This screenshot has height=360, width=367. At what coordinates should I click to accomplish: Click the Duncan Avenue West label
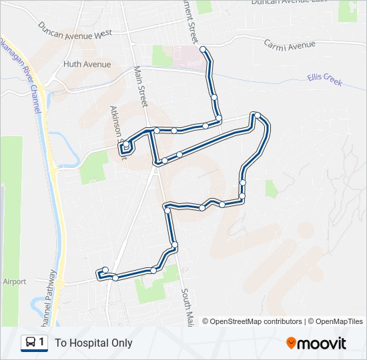75,29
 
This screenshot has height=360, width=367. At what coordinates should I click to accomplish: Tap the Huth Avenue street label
87,65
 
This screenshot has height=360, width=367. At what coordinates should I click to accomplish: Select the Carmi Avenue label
289,45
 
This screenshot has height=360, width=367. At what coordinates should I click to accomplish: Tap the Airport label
14,281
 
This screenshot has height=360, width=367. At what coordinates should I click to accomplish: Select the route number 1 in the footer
41,343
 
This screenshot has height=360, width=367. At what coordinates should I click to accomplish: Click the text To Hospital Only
93,343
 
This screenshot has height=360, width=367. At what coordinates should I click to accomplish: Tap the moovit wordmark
323,343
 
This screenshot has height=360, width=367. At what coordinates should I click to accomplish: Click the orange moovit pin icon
292,343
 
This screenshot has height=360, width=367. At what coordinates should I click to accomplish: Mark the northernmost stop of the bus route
203,49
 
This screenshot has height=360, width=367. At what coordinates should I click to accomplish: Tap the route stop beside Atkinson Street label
125,143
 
